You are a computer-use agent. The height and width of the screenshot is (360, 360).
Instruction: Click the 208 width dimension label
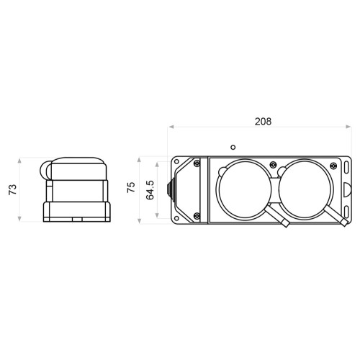pyautogui.click(x=263, y=122)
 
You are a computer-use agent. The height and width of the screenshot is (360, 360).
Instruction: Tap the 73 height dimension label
pyautogui.click(x=13, y=189)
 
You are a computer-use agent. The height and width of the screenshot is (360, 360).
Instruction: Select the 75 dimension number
pyautogui.click(x=131, y=187)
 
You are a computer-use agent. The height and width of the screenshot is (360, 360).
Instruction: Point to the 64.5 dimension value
pyautogui.click(x=150, y=190)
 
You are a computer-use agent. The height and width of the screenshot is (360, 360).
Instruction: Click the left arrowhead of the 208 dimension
pyautogui.click(x=171, y=127)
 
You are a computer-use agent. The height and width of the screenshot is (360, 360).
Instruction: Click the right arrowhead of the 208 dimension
pyautogui.click(x=348, y=127)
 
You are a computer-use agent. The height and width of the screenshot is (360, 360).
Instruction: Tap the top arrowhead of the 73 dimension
pyautogui.click(x=19, y=161)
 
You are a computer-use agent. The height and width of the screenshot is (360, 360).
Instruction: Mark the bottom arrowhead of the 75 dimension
pyautogui.click(x=140, y=221)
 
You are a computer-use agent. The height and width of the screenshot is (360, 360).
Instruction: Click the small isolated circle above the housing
pyautogui.click(x=233, y=147)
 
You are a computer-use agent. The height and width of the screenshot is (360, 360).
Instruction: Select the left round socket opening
pyautogui.click(x=245, y=189)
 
